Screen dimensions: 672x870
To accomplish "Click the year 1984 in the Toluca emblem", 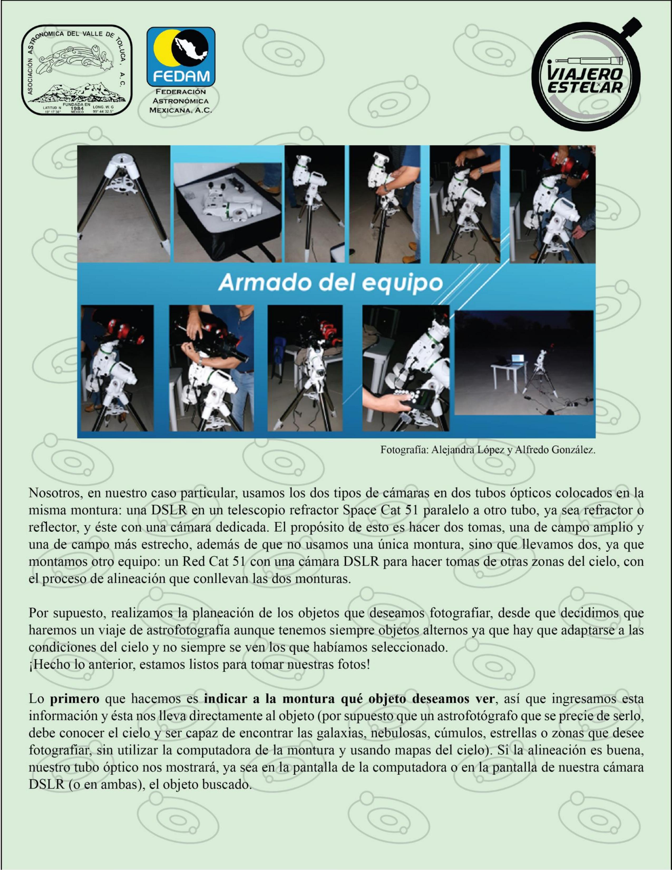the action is [76, 108].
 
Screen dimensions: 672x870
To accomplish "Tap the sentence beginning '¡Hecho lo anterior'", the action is [199, 665].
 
